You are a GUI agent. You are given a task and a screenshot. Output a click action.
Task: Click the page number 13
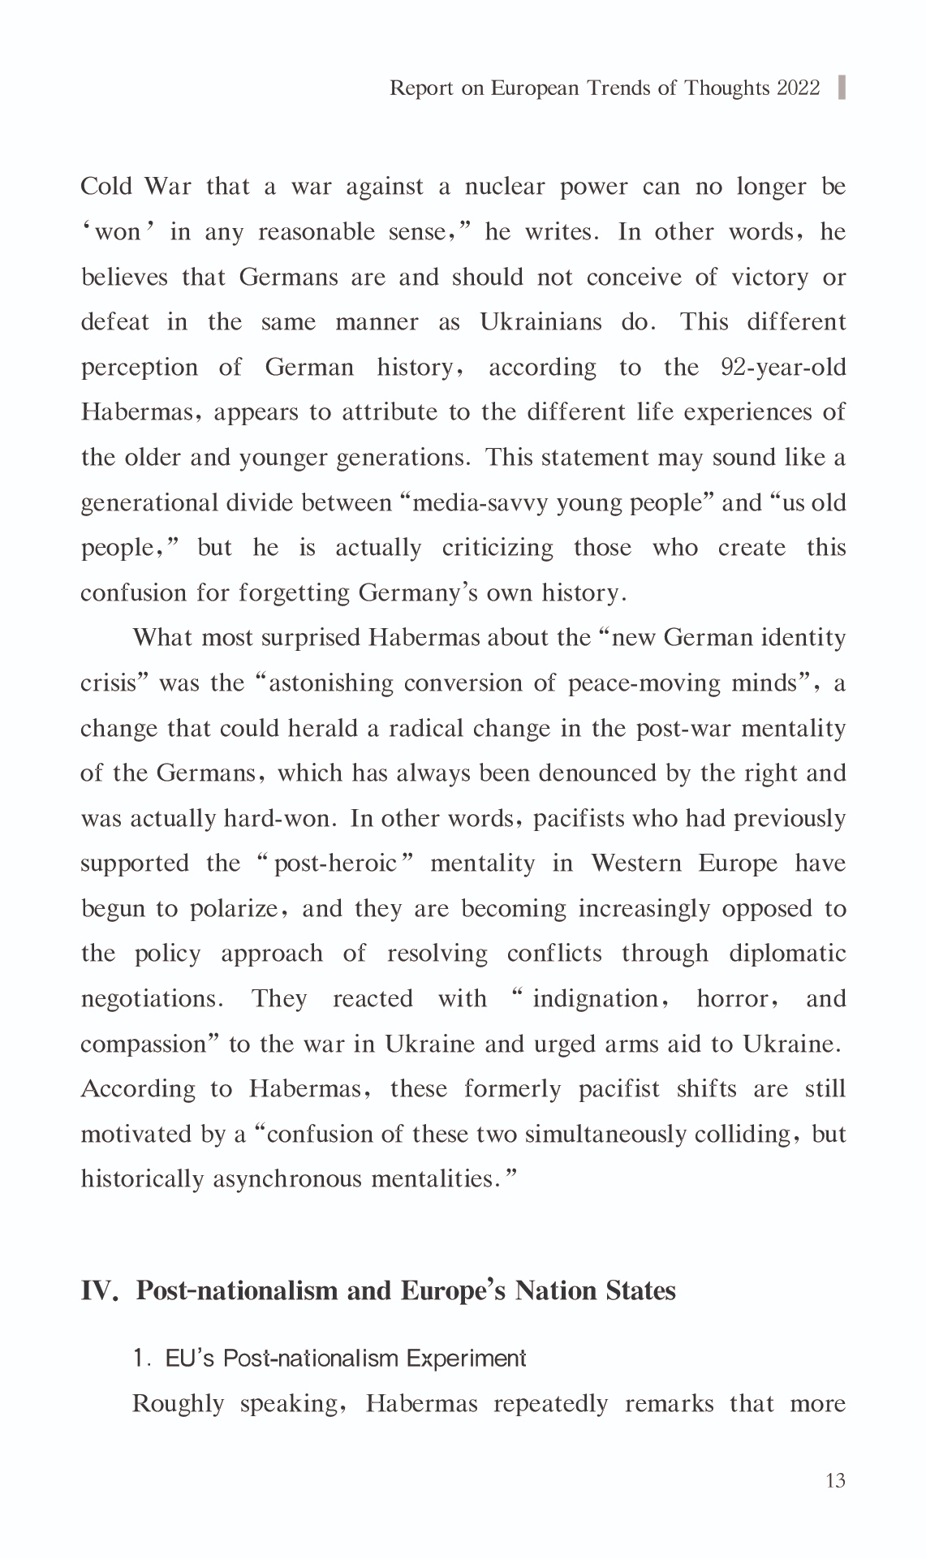tap(835, 1481)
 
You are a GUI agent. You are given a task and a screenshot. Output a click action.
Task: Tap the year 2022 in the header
tap(799, 88)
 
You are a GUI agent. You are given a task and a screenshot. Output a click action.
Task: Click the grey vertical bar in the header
tap(842, 87)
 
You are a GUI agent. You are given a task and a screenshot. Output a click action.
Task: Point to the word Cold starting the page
tap(106, 187)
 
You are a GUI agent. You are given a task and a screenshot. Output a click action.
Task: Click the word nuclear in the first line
tap(506, 187)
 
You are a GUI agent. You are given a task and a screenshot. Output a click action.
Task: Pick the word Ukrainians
tap(541, 322)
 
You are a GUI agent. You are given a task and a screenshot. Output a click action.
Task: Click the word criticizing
tap(497, 548)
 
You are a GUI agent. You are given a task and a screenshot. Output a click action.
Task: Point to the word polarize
tap(235, 909)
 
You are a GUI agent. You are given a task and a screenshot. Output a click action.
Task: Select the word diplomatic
tap(787, 954)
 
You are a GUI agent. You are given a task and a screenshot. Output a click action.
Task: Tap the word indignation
tap(595, 999)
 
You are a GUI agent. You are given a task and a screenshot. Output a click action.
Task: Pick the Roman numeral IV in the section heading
tap(98, 1290)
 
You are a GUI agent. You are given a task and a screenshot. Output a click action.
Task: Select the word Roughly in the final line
tap(178, 1404)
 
